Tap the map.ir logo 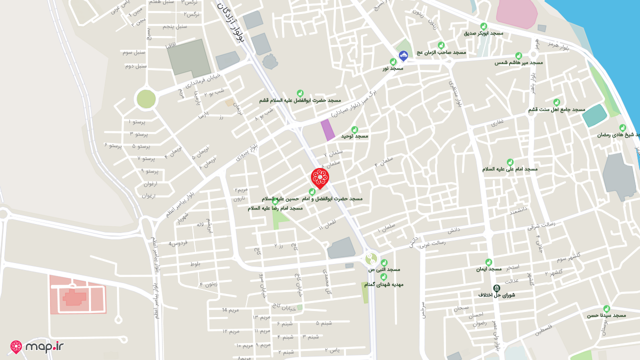point(37,346)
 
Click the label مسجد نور point(393,68)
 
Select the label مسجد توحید point(354,136)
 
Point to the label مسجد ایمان point(488,269)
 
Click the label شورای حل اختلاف point(496,295)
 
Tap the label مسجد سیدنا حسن point(606,316)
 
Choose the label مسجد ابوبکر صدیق point(483,33)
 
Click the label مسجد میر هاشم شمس point(518,63)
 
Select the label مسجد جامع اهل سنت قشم point(556,109)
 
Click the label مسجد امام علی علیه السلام point(509,169)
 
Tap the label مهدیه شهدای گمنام point(383,284)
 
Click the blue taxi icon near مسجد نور point(403,55)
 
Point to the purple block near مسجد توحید point(327,130)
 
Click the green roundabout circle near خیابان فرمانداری point(146,99)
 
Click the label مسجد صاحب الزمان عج point(441,52)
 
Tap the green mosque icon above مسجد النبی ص point(384,262)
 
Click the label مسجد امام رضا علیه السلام point(275,208)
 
